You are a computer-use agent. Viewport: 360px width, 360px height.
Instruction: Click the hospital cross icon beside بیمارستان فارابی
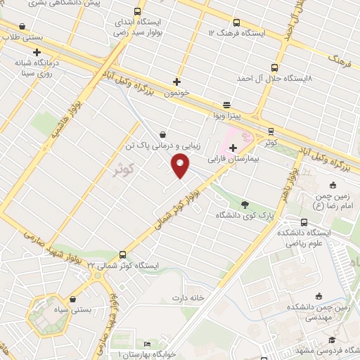[x=233, y=147]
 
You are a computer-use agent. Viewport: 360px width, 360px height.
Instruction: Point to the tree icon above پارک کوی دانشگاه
[x=245, y=205]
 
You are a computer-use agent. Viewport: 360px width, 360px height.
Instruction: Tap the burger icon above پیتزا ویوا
[x=226, y=103]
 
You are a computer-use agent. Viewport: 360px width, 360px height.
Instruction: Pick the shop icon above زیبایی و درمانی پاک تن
[x=163, y=134]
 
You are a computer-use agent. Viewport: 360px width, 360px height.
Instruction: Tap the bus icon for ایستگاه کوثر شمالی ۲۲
[x=123, y=255]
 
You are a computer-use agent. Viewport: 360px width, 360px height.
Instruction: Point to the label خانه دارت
[x=188, y=297]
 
